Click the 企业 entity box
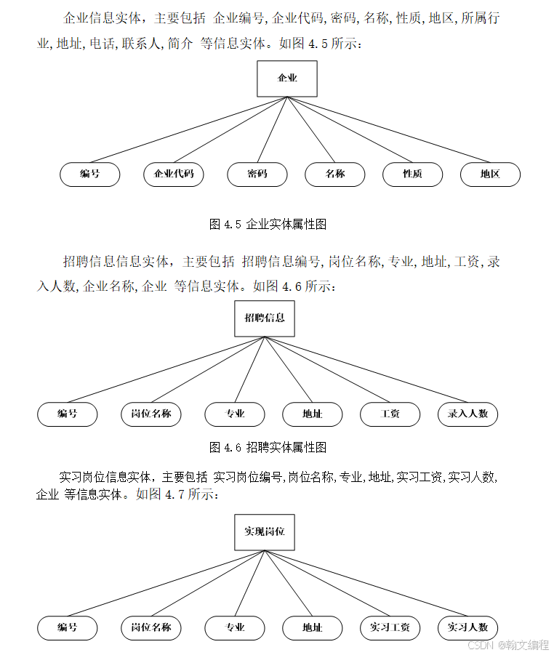pos(287,79)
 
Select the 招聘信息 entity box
pos(265,318)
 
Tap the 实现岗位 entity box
pos(265,532)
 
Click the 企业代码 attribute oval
pos(174,174)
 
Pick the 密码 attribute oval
pos(257,174)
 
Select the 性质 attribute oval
pos(413,174)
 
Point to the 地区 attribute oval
pos(490,174)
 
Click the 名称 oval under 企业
pos(335,174)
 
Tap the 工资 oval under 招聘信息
pos(390,414)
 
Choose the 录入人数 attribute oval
pos(468,414)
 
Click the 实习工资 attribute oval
pos(390,628)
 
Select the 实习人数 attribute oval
pos(468,628)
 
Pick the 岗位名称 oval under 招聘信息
pos(151,414)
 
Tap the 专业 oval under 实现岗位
pos(235,628)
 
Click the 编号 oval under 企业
pos(90,174)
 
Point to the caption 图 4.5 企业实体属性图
pos(268,225)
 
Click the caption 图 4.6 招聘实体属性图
pos(268,446)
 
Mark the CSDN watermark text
pos(507,645)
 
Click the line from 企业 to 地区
pos(393,131)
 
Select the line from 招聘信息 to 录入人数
pos(371,371)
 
